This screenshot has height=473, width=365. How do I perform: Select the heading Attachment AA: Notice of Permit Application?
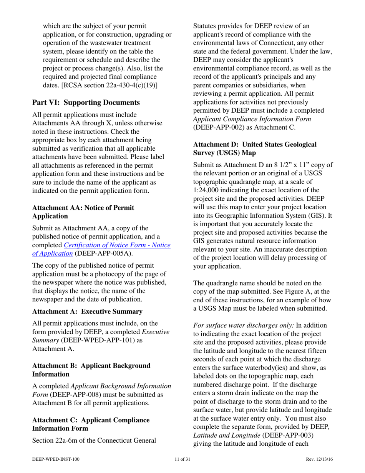[x=83, y=212]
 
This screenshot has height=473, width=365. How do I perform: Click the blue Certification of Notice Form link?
[x=117, y=245]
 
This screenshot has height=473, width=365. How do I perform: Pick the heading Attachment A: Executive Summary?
[x=87, y=311]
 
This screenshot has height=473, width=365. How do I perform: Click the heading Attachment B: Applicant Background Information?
[x=91, y=370]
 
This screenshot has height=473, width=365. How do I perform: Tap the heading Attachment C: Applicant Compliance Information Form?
[x=91, y=424]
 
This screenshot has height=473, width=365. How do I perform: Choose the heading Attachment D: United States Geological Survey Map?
[x=255, y=148]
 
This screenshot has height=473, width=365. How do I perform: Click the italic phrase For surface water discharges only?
[x=243, y=325]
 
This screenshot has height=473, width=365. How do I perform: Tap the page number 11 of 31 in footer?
[x=182, y=459]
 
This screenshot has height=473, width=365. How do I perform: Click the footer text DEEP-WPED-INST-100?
[x=56, y=459]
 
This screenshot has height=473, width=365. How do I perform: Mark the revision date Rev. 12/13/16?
[x=319, y=459]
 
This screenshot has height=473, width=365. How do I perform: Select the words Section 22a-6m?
[x=56, y=440]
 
